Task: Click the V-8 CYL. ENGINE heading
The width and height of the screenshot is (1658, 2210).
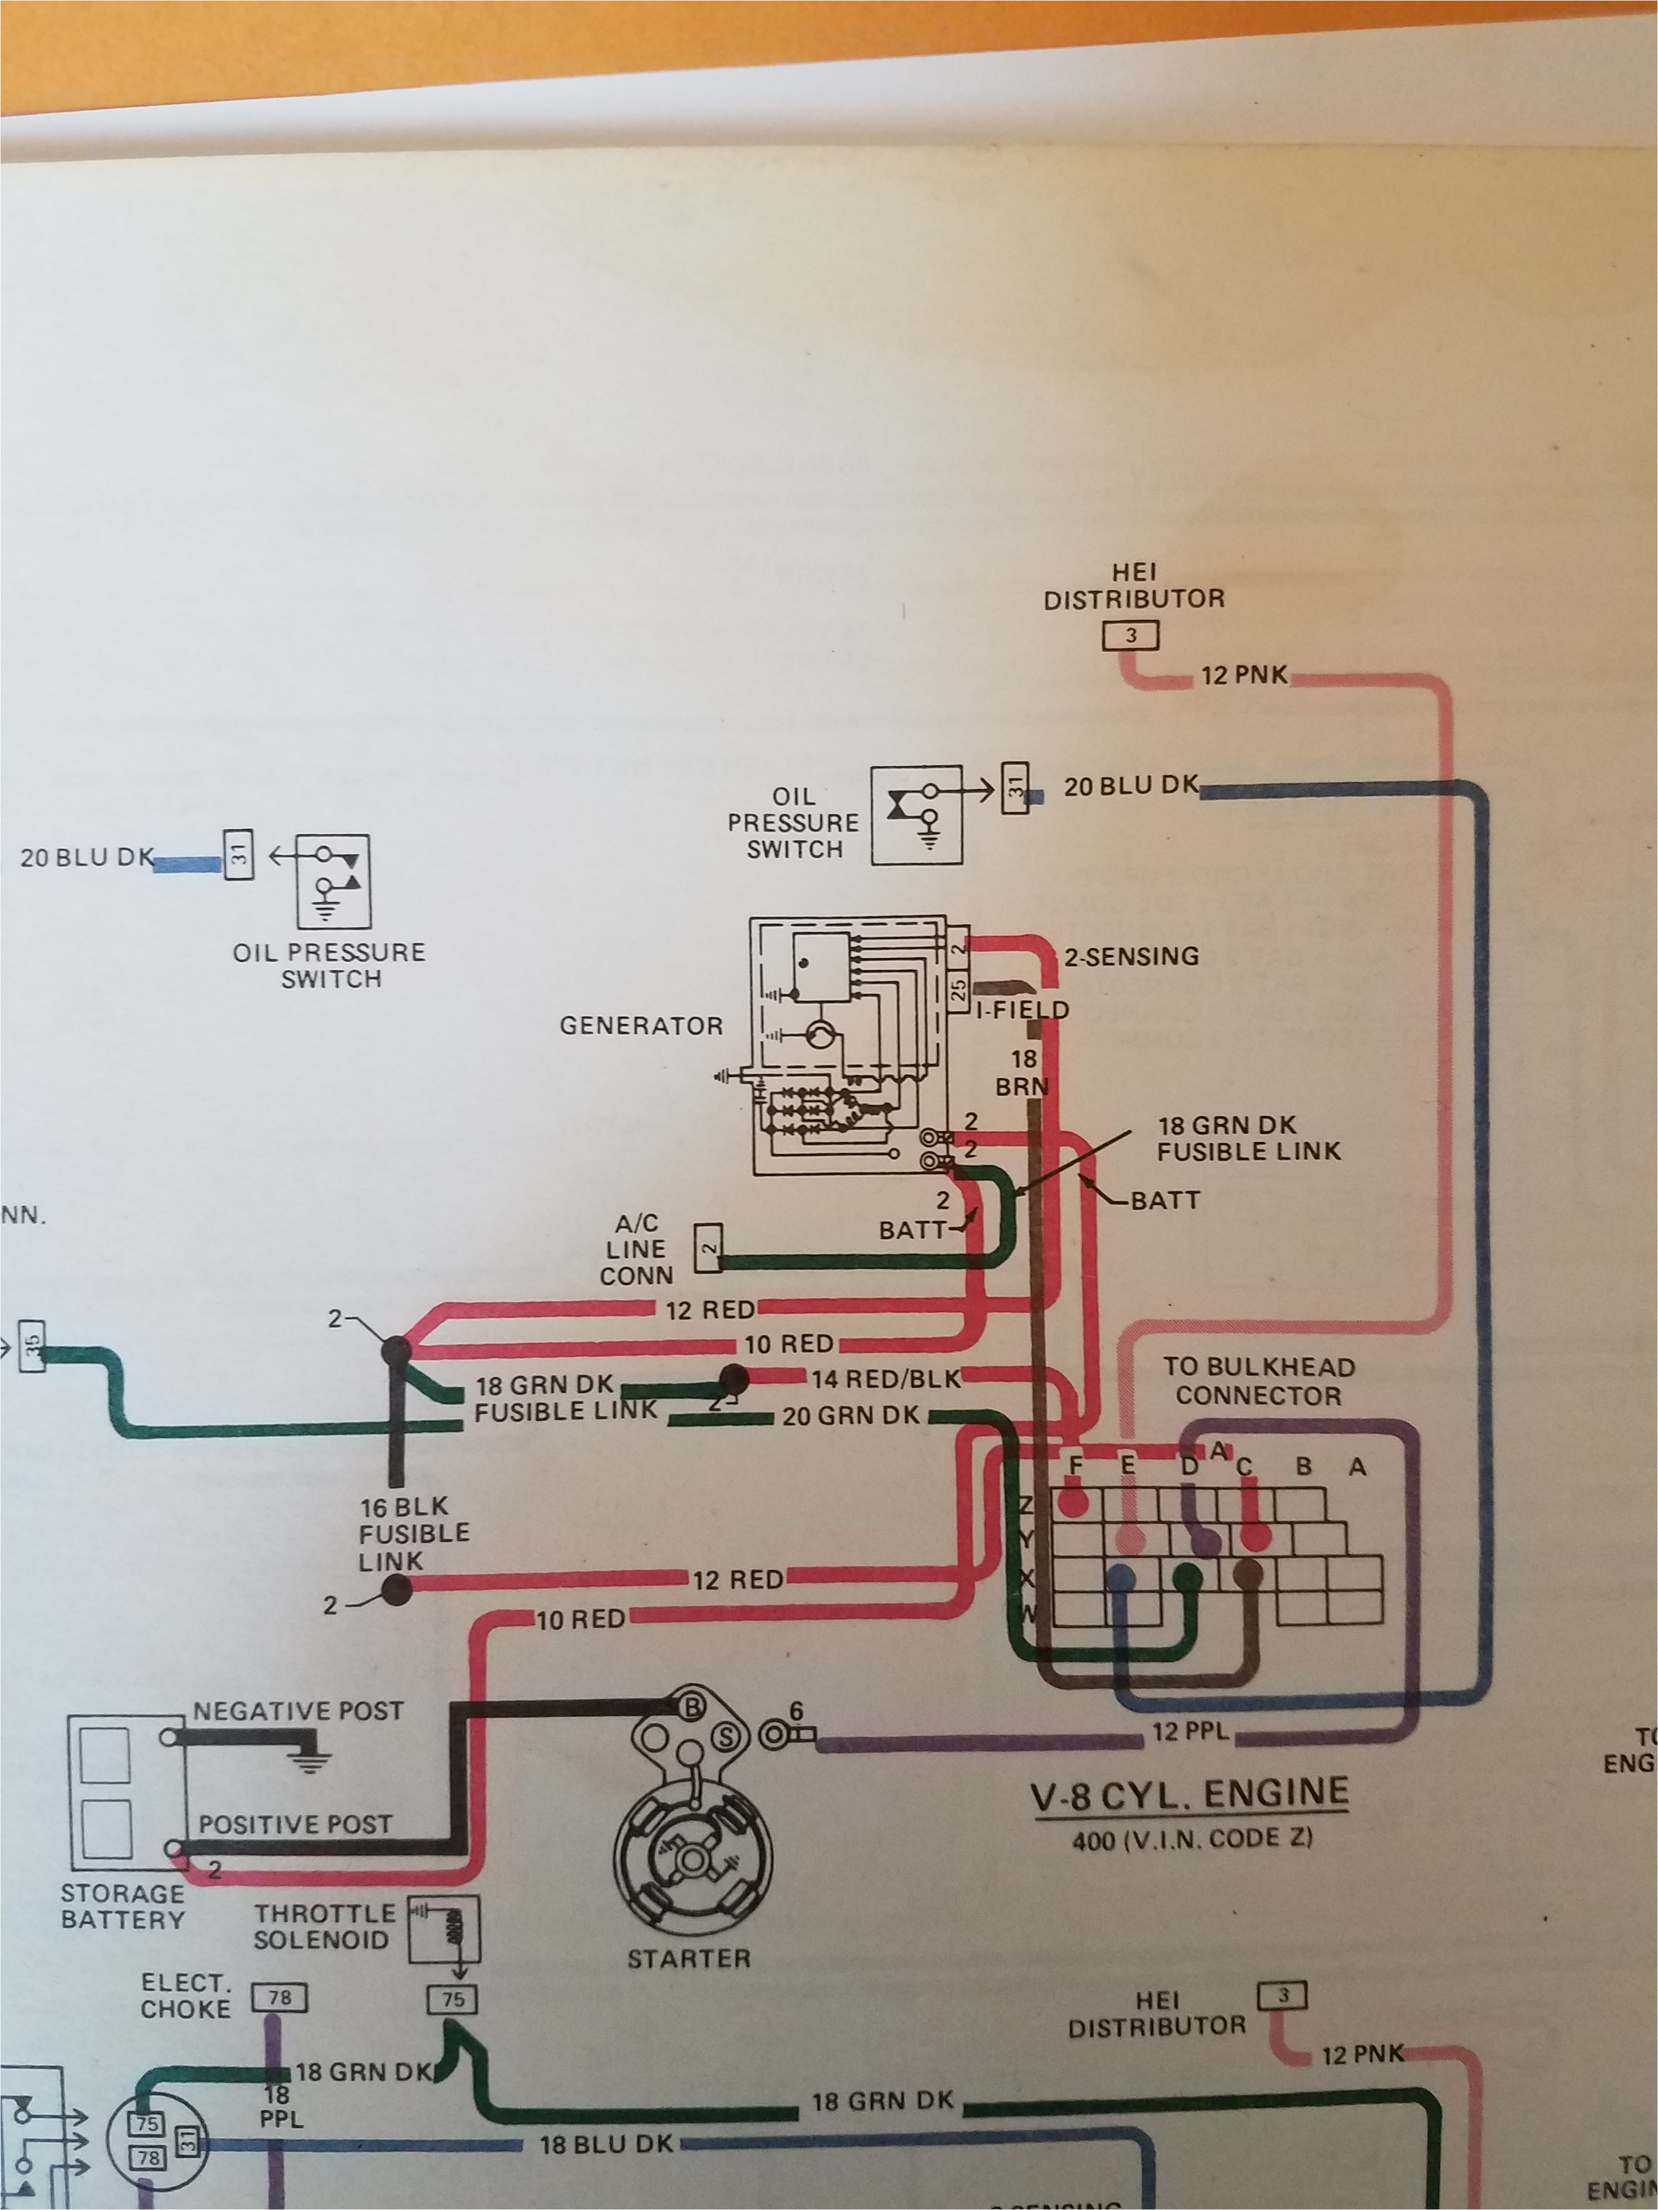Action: coord(1189,1793)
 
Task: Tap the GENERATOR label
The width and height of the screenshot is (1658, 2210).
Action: coord(640,1026)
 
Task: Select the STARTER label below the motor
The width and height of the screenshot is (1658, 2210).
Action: coord(689,1958)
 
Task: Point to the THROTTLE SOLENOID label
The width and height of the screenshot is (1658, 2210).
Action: coord(322,1926)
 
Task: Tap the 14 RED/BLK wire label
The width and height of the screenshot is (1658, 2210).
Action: coord(885,1379)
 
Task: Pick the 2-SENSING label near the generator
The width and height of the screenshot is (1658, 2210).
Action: coord(1131,956)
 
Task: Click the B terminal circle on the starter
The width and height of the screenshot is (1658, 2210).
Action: coord(691,1707)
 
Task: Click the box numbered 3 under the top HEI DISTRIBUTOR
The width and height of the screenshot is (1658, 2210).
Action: coord(1131,635)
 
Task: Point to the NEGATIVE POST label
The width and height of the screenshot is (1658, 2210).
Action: coord(298,1711)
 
